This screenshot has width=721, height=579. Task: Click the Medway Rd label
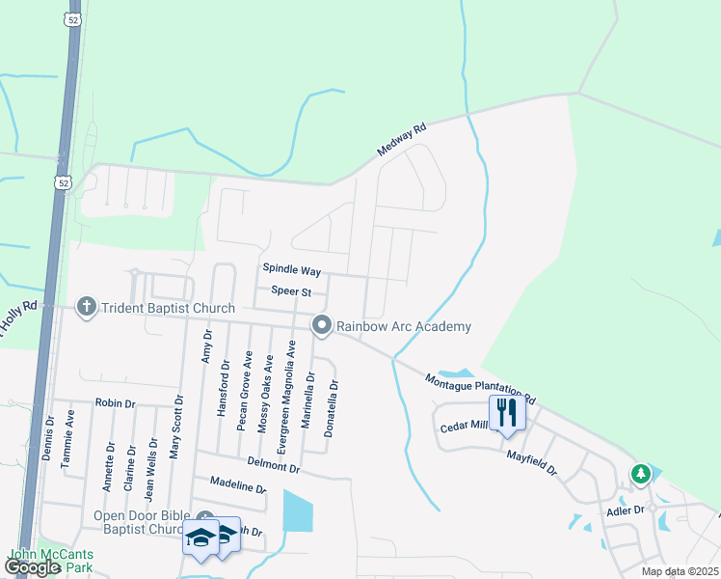(x=402, y=143)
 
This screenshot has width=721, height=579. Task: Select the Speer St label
(x=291, y=291)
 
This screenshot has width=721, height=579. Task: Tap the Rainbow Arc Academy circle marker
(x=322, y=326)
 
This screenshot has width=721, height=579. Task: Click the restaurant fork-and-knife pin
(x=507, y=413)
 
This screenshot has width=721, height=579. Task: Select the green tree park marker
(x=640, y=474)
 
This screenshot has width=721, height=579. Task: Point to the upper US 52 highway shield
(x=71, y=17)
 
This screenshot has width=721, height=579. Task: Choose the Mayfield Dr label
(x=532, y=455)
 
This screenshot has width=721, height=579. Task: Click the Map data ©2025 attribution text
(x=680, y=571)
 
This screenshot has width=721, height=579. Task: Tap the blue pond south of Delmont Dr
(x=299, y=511)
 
